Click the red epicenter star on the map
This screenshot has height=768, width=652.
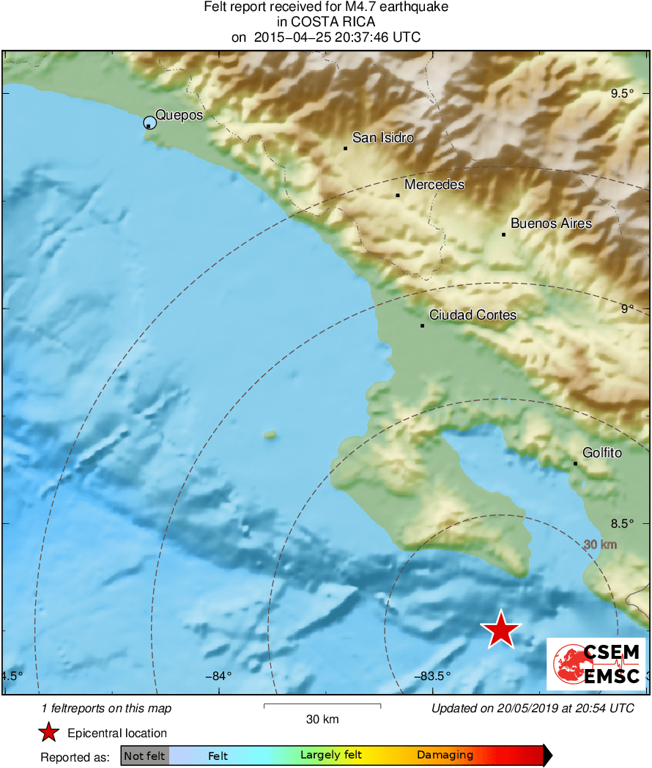(x=500, y=629)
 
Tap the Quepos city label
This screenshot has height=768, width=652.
(x=179, y=115)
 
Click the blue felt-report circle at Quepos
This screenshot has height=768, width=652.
(x=149, y=122)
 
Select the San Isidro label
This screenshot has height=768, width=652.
(x=382, y=138)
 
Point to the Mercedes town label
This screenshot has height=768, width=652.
(x=434, y=185)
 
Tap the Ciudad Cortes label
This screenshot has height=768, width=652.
(x=473, y=315)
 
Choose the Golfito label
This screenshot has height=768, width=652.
(x=601, y=453)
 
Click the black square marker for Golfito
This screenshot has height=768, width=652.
(x=576, y=463)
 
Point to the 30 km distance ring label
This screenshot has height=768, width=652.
(x=601, y=545)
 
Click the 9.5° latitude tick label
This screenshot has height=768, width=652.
(x=622, y=93)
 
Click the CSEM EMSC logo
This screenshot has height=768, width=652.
(x=596, y=664)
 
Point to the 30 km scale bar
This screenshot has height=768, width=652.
(x=322, y=706)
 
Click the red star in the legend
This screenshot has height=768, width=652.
(x=48, y=732)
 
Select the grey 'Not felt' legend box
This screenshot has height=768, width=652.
(x=145, y=756)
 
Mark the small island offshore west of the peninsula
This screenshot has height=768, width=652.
(x=270, y=435)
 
